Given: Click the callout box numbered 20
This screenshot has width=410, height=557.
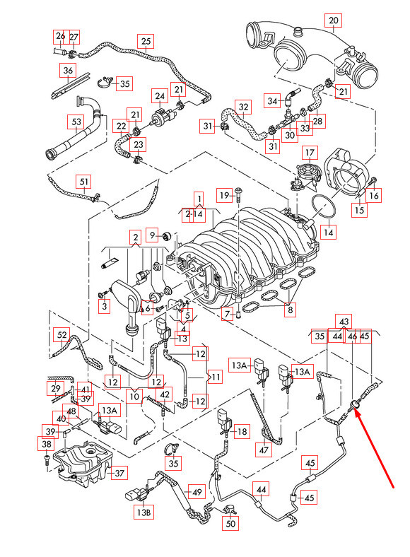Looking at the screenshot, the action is click(x=333, y=20).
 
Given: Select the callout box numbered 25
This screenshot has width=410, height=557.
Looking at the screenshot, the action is click(x=146, y=42).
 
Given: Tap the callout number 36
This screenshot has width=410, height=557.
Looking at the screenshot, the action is click(x=68, y=71).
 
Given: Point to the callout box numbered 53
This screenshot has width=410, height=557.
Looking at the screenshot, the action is click(x=76, y=122).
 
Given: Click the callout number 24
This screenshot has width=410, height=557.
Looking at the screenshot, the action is click(x=160, y=96).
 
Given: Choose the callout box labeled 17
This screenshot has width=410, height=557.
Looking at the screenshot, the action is click(x=310, y=153).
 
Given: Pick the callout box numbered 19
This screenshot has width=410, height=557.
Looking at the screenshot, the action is click(x=225, y=195).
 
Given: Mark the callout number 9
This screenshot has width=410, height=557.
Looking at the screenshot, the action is click(x=153, y=235).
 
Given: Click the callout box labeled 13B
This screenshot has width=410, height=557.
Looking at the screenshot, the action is click(x=144, y=512).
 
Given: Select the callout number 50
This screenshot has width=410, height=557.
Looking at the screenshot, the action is click(x=230, y=523).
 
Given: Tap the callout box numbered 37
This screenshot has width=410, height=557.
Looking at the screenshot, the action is click(x=119, y=473).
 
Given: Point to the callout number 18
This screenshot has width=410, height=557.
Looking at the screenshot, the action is click(x=242, y=432).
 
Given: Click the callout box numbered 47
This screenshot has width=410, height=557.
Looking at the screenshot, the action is click(x=264, y=450).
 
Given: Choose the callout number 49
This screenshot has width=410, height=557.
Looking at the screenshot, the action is click(x=197, y=492).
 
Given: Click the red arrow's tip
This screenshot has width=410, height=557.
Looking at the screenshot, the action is click(x=355, y=410).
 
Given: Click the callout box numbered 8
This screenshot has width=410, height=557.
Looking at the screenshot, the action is click(x=291, y=310).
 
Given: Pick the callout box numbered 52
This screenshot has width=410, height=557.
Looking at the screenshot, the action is click(x=61, y=335).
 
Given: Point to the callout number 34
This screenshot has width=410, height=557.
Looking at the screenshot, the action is click(x=272, y=101).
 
